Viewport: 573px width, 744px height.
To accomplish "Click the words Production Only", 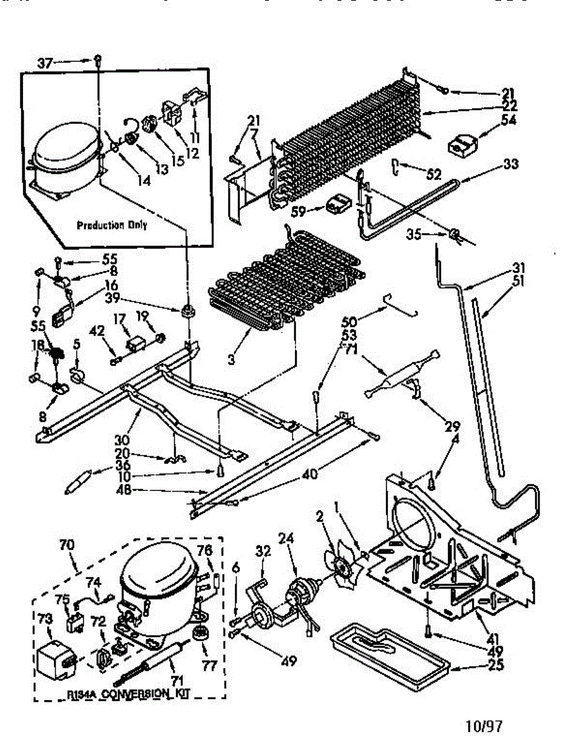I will pyautogui.click(x=112, y=225).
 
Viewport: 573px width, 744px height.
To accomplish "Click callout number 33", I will pyautogui.click(x=510, y=164).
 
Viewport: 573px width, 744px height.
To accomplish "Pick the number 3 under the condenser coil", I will pyautogui.click(x=230, y=358).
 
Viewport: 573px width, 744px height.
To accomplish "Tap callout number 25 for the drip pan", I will pyautogui.click(x=496, y=666).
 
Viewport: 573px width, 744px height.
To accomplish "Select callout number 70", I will pyautogui.click(x=66, y=546).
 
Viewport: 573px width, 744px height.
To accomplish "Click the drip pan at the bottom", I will pyautogui.click(x=390, y=651).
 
